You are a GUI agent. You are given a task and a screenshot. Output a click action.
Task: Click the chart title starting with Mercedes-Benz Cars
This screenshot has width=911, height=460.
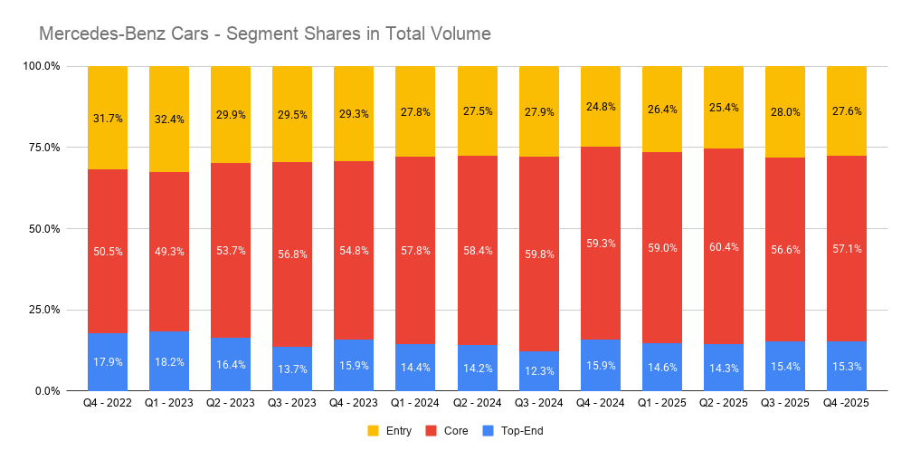[x=264, y=34]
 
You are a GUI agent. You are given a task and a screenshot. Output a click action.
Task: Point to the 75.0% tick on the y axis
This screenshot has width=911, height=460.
[x=42, y=148]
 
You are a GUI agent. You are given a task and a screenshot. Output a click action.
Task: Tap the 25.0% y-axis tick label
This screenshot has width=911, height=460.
[x=42, y=310]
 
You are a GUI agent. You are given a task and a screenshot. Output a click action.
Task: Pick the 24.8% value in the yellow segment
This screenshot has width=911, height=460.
[x=600, y=106]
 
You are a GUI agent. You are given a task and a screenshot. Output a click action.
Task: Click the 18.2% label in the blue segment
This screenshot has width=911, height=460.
[x=169, y=361]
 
